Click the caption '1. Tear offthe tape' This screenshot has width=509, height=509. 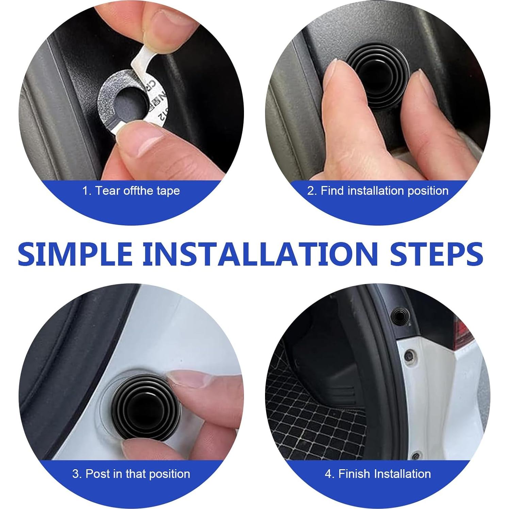coord(131,191)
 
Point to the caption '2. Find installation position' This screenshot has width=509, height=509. coord(378,191)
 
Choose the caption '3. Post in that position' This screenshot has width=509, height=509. coord(131,474)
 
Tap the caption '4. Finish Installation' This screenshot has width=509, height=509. coord(378,474)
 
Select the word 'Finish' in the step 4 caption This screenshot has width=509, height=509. coord(354,474)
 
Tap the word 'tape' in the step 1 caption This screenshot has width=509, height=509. coord(168,191)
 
